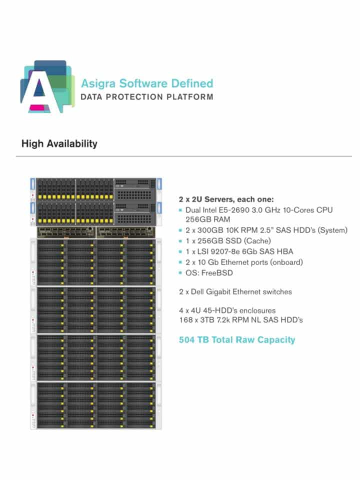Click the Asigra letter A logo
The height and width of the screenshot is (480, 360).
click(x=47, y=86)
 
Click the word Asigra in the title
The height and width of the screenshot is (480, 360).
click(x=98, y=84)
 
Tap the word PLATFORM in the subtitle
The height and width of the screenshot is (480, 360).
click(x=190, y=97)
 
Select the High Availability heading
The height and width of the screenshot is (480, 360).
click(x=59, y=143)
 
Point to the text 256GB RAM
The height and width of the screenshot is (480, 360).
click(x=208, y=219)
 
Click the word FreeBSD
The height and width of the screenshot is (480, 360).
click(x=217, y=273)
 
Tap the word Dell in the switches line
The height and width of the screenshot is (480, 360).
click(x=197, y=291)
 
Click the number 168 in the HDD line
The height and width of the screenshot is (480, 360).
click(x=184, y=320)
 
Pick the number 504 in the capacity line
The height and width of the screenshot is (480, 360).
click(x=186, y=340)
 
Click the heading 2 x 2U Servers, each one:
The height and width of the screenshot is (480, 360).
click(x=226, y=199)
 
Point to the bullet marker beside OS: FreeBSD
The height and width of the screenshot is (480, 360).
click(x=180, y=273)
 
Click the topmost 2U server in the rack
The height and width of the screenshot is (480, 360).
click(x=96, y=189)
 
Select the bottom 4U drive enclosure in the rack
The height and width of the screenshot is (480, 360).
click(x=96, y=405)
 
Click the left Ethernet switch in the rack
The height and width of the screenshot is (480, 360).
click(x=66, y=232)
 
